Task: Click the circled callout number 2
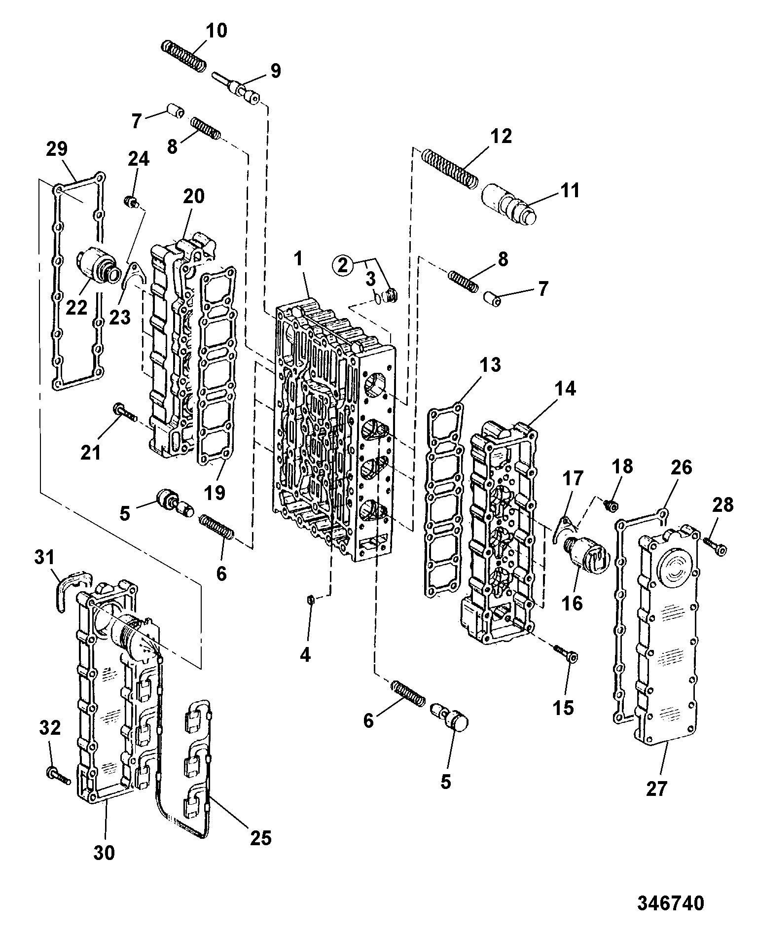(344, 266)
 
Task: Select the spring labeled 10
(184, 55)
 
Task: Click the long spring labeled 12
(450, 168)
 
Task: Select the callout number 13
(490, 365)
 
